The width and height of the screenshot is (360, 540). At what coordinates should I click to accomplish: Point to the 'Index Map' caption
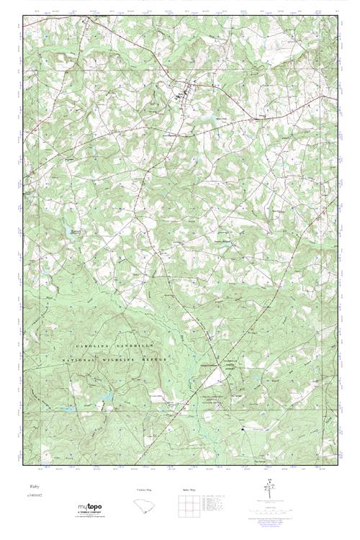187,490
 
